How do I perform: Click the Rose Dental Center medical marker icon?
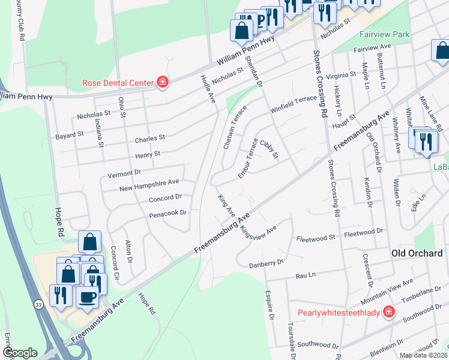pyautogui.click(x=162, y=83)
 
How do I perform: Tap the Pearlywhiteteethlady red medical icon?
pyautogui.click(x=389, y=313)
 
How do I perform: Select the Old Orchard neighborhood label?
pyautogui.click(x=417, y=253)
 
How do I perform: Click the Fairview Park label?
pyautogui.click(x=385, y=34)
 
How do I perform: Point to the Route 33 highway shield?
pyautogui.click(x=38, y=305)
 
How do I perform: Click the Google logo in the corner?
pyautogui.click(x=19, y=352)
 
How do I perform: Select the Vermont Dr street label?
pyautogui.click(x=124, y=172)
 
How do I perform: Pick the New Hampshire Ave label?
pyautogui.click(x=149, y=182)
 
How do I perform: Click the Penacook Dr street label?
pyautogui.click(x=169, y=212)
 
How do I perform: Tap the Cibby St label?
pyautogui.click(x=270, y=149)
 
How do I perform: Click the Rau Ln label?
pyautogui.click(x=306, y=275)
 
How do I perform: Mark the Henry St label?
pyautogui.click(x=148, y=154)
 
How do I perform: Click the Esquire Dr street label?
pyautogui.click(x=270, y=304)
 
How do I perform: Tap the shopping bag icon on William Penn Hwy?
pyautogui.click(x=242, y=29)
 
